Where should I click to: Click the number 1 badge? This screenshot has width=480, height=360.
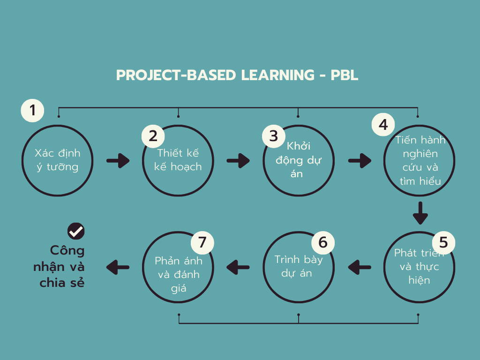tap(32, 111)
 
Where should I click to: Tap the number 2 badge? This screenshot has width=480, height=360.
tap(153, 136)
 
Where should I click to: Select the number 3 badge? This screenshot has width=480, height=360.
tap(274, 136)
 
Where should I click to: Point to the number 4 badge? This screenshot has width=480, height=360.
tap(383, 125)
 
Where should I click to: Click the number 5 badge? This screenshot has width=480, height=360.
tap(443, 242)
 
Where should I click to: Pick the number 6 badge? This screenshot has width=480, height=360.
tap(323, 242)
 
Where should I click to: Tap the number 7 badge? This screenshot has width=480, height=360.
tap(202, 242)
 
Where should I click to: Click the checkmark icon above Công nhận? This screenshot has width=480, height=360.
tap(76, 231)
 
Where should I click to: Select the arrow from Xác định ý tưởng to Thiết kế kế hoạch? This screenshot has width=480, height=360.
tap(118, 161)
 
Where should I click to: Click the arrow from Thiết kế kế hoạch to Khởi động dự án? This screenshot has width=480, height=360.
tap(238, 161)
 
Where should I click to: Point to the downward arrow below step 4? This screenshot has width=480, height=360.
tap(420, 213)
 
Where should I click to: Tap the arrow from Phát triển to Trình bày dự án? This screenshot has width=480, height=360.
tap(360, 267)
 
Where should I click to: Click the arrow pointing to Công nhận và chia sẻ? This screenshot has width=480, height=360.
tap(118, 267)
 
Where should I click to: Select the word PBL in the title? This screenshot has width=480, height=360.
tap(345, 75)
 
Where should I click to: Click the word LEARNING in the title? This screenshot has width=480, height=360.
tap(277, 75)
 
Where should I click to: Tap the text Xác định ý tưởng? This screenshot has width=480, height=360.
tap(58, 160)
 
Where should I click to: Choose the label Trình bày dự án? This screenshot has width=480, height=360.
tap(299, 266)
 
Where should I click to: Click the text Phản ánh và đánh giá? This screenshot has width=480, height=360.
tap(179, 274)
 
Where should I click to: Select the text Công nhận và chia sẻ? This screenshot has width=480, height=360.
tap(59, 267)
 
